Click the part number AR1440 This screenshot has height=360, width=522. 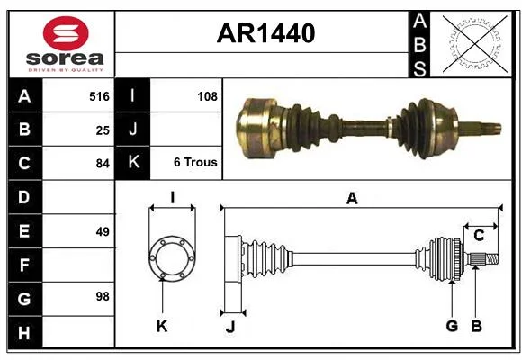pyautogui.click(x=265, y=33)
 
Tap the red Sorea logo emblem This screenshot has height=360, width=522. pyautogui.click(x=66, y=33)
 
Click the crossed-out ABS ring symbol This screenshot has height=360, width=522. pyautogui.click(x=475, y=44)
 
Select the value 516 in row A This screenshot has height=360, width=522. pyautogui.click(x=99, y=96)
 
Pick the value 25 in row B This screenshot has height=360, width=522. pyautogui.click(x=103, y=130)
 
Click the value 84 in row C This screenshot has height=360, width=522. pyautogui.click(x=103, y=164)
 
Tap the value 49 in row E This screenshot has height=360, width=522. pyautogui.click(x=103, y=231)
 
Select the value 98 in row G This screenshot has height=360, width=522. pyautogui.click(x=103, y=296)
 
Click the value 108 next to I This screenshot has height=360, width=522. pyautogui.click(x=207, y=96)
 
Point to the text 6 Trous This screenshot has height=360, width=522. pyautogui.click(x=195, y=162)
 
